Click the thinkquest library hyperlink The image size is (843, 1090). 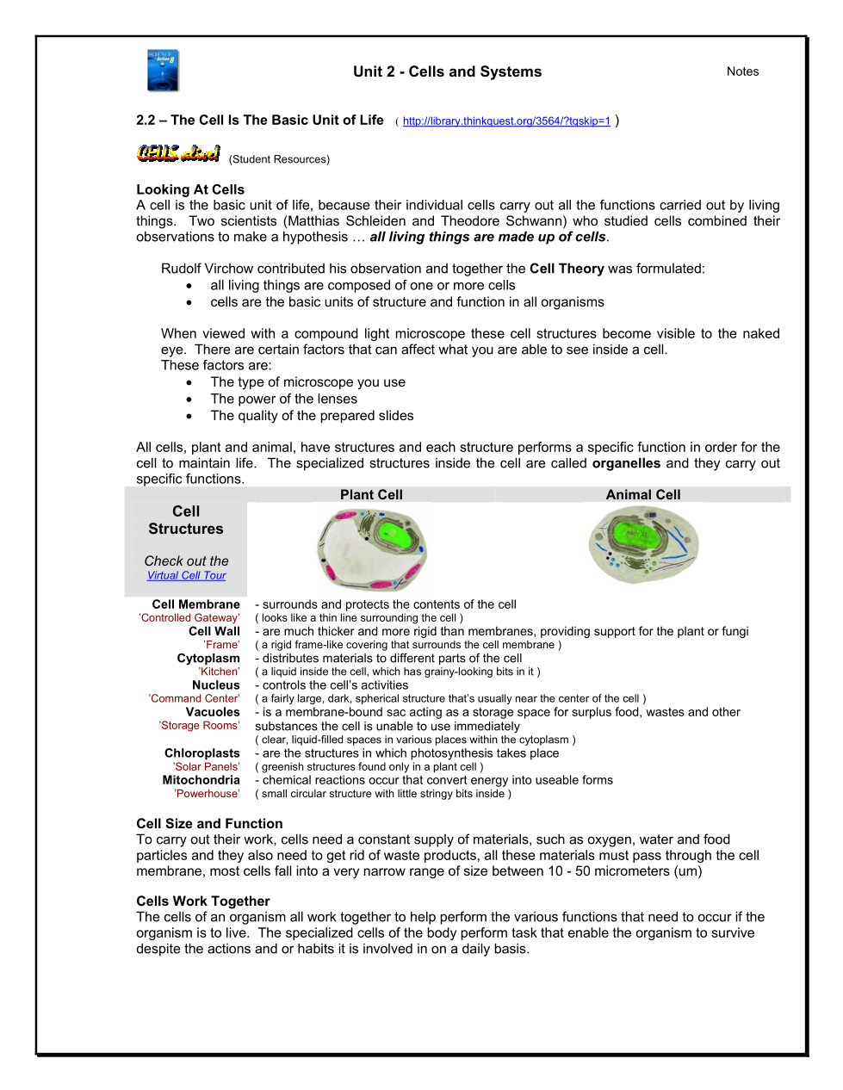[506, 121]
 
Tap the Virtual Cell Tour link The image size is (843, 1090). [186, 576]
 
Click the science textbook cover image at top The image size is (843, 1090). [163, 71]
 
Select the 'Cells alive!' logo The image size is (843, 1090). [179, 154]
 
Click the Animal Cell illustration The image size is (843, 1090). [643, 544]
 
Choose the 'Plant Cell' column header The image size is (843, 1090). [371, 495]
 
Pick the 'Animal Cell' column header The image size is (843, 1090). [643, 495]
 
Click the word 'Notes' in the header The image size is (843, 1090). [742, 71]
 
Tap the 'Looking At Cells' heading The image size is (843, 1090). [190, 189]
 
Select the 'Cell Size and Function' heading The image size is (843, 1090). [209, 824]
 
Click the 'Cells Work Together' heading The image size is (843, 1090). [203, 901]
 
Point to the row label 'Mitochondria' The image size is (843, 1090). [201, 780]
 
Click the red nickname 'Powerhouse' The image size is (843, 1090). [207, 794]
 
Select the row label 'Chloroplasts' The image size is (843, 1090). [202, 753]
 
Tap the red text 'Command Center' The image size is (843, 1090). [194, 699]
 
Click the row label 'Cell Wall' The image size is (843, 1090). [214, 631]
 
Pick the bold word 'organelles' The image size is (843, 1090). [626, 463]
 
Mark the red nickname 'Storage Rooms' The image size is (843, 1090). [199, 726]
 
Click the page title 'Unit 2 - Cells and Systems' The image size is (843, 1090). [447, 71]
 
